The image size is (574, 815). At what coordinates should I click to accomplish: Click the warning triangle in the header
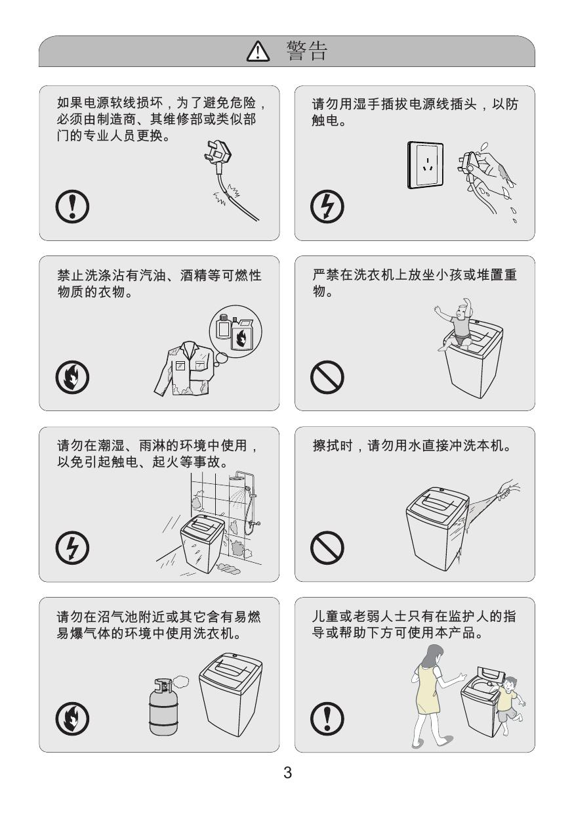click(258, 51)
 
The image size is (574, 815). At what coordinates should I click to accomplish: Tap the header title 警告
click(307, 51)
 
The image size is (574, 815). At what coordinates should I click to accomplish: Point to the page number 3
click(287, 772)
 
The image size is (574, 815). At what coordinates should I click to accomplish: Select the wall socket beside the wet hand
click(425, 165)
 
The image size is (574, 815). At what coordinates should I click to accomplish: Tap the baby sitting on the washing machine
click(456, 324)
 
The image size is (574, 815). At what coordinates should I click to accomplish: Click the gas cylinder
click(163, 706)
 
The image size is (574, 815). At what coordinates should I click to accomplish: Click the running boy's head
click(510, 683)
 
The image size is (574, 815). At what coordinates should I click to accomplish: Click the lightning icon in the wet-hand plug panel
click(327, 206)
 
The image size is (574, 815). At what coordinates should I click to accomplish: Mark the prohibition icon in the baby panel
click(327, 377)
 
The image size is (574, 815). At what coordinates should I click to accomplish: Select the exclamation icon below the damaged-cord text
click(72, 206)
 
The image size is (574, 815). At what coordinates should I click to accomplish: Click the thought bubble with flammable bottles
click(235, 332)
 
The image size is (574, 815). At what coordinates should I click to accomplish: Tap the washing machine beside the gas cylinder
click(230, 694)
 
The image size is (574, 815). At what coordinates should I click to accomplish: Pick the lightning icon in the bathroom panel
click(72, 548)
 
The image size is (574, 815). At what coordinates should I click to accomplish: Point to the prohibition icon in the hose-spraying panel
click(327, 548)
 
